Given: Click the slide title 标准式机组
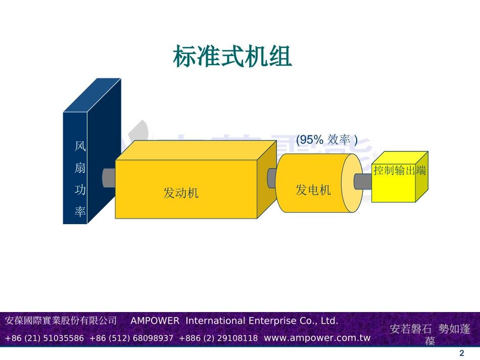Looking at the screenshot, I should (x=233, y=57).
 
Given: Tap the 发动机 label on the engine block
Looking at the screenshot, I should (x=181, y=193).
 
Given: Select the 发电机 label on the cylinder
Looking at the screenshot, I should (x=313, y=190).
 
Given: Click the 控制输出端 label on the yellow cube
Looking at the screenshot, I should (x=399, y=170).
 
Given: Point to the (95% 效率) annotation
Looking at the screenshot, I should (x=326, y=139).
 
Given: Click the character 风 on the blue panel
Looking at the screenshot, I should (x=80, y=147).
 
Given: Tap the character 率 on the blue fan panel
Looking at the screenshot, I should (x=80, y=211).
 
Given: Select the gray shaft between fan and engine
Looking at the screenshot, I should (x=109, y=178).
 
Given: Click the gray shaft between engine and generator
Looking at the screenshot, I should (x=271, y=178).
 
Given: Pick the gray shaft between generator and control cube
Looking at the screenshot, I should (x=363, y=181).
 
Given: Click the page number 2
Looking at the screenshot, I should (x=461, y=353).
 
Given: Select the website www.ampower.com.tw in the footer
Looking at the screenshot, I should (x=317, y=338).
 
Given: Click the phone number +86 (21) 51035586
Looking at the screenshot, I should (x=44, y=338).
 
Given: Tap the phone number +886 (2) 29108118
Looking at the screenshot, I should (x=218, y=338).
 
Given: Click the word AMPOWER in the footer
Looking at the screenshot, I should (x=155, y=321).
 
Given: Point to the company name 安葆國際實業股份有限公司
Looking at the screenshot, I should (x=61, y=321).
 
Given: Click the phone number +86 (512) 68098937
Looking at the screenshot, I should (x=131, y=338).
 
